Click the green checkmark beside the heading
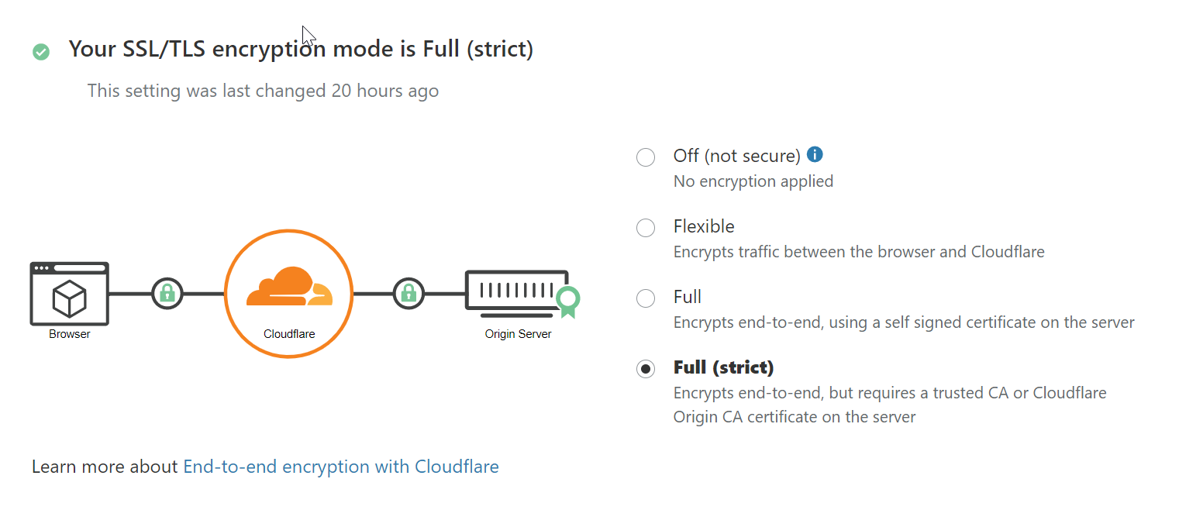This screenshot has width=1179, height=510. [x=41, y=52]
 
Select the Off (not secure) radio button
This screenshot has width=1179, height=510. [x=645, y=157]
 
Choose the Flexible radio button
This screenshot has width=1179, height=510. [x=645, y=228]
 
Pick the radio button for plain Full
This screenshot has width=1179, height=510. [x=645, y=298]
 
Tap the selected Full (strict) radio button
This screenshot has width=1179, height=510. [x=645, y=368]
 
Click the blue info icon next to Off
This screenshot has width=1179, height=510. [x=814, y=154]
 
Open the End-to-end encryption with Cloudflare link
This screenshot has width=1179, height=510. [x=340, y=467]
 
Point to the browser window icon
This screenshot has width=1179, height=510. [x=70, y=293]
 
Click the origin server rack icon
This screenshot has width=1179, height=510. [x=517, y=293]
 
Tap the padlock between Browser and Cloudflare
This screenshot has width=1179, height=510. [x=167, y=293]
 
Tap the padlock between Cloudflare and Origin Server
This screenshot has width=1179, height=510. [x=409, y=293]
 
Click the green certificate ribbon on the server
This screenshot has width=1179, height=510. [x=568, y=301]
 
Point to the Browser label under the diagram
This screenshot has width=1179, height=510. [x=70, y=334]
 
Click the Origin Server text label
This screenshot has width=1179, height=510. [x=518, y=334]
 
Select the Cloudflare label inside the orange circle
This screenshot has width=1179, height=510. [x=289, y=334]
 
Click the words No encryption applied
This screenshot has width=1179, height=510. [x=753, y=181]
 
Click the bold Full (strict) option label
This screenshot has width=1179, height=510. [x=724, y=367]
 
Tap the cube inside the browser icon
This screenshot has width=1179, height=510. [x=70, y=298]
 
